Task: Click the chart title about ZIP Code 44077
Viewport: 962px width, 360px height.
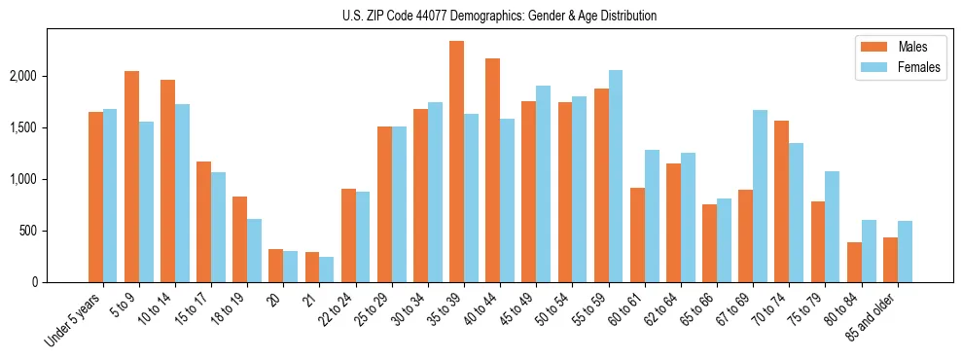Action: (x=500, y=16)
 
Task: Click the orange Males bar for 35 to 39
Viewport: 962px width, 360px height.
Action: (x=456, y=162)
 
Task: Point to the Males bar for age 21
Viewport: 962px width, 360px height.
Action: (x=312, y=267)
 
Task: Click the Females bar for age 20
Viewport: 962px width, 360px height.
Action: (x=291, y=267)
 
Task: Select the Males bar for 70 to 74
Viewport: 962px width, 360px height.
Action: (x=781, y=201)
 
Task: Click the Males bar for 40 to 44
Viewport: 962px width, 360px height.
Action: (x=492, y=170)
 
